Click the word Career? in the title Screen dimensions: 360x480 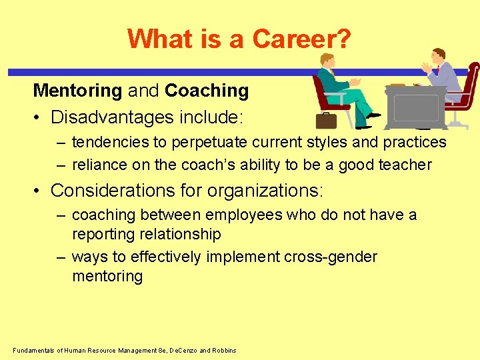coord(301,39)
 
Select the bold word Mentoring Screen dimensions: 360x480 coord(77,91)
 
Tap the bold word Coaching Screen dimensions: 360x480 coord(207,91)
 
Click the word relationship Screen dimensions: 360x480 coord(180,234)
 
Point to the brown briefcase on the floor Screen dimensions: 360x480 coord(326,121)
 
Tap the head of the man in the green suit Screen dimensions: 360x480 coord(327,61)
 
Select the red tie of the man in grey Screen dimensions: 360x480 coord(438,69)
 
